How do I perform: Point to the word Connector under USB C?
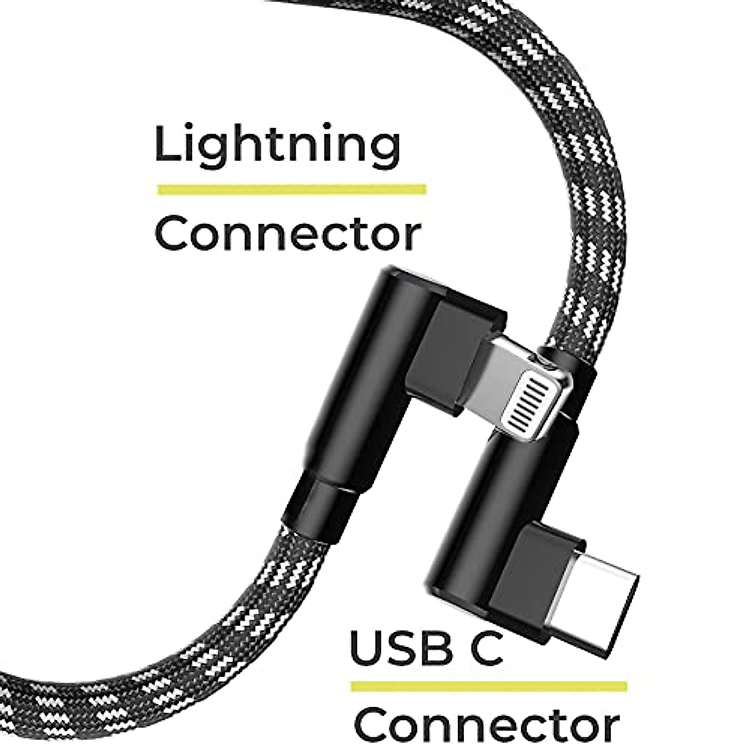click(x=487, y=725)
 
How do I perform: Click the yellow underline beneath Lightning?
click(x=291, y=189)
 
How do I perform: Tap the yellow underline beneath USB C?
click(x=488, y=686)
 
